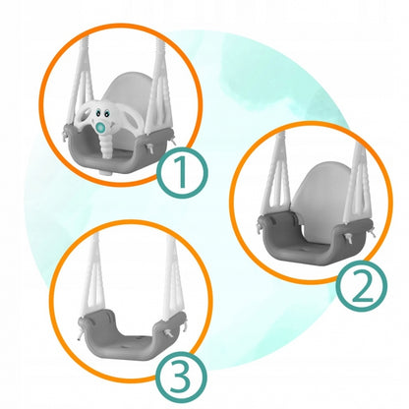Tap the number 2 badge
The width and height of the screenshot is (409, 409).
pyautogui.click(x=363, y=286)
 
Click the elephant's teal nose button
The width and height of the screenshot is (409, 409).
pyautogui.click(x=101, y=126)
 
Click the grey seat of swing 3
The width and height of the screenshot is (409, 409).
pyautogui.click(x=131, y=337)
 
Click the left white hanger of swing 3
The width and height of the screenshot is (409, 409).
pyautogui.click(x=93, y=278)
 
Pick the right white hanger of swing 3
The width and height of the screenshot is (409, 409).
pyautogui.click(x=173, y=278)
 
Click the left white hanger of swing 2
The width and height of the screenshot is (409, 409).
pyautogui.click(x=276, y=177)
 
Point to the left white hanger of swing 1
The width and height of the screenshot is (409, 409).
pyautogui.click(x=79, y=88)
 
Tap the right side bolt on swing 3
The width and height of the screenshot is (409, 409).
pyautogui.click(x=168, y=333)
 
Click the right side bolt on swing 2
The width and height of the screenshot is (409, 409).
pyautogui.click(x=350, y=238)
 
